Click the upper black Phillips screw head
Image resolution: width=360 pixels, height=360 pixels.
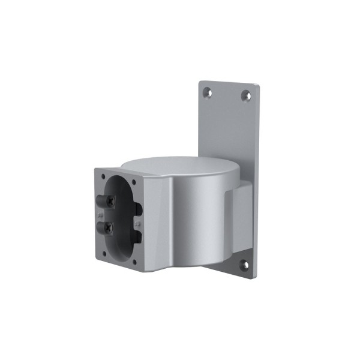[110, 201]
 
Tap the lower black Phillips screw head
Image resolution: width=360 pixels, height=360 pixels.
[109, 227]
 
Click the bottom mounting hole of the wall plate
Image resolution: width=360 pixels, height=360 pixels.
[244, 265]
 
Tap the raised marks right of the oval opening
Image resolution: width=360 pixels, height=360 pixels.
[137, 223]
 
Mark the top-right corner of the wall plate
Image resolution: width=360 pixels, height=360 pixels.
[258, 86]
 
